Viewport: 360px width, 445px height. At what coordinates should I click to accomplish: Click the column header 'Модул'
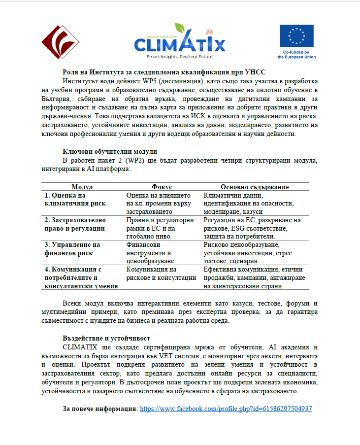pyautogui.click(x=82, y=187)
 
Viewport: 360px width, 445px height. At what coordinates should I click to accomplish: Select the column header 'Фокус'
pyautogui.click(x=162, y=187)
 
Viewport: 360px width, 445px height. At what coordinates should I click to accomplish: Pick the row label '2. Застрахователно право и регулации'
pyautogui.click(x=75, y=224)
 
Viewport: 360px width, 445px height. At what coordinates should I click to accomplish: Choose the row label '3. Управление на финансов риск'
pyautogui.click(x=72, y=249)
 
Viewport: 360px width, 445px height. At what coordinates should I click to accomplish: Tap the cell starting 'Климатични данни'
pyautogui.click(x=252, y=203)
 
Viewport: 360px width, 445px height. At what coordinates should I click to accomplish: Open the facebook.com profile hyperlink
pyautogui.click(x=226, y=409)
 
